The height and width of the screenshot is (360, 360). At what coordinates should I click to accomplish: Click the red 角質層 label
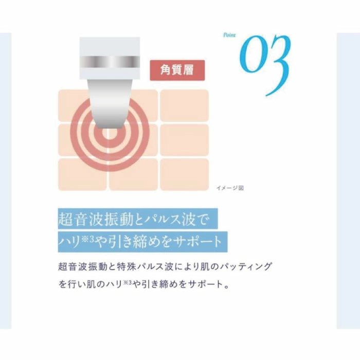click(x=177, y=70)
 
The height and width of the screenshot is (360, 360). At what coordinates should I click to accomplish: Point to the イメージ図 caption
click(x=229, y=188)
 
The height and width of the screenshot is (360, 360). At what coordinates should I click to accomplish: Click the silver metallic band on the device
click(x=110, y=61)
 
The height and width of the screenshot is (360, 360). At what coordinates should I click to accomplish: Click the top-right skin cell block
click(x=184, y=105)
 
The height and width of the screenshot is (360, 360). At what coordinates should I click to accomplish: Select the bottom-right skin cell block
click(x=184, y=174)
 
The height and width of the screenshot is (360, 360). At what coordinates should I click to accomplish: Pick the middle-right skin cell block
click(x=184, y=140)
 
